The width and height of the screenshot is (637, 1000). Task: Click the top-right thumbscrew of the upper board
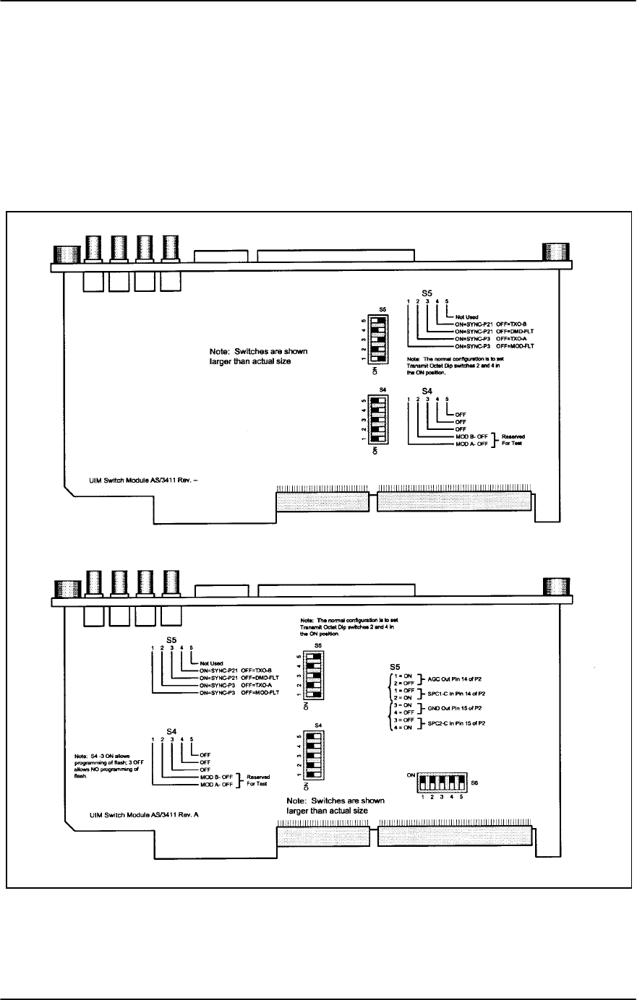pyautogui.click(x=555, y=253)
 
